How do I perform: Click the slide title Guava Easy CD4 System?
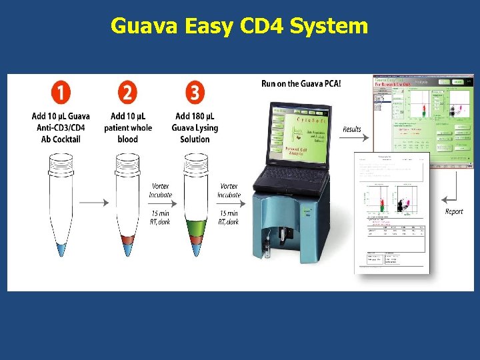point(239,26)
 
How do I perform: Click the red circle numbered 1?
point(61,92)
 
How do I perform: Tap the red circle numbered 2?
point(128,92)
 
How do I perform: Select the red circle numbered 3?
point(195,92)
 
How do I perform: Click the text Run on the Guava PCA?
point(301,84)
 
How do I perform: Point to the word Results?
point(351,129)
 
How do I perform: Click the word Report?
point(454,211)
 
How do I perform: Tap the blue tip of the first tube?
point(61,249)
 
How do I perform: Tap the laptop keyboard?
point(294,176)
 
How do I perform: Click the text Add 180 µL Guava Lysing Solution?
point(195,128)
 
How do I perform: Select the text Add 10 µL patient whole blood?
point(128,128)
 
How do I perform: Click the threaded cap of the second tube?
point(128,159)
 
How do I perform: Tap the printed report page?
point(392,213)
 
